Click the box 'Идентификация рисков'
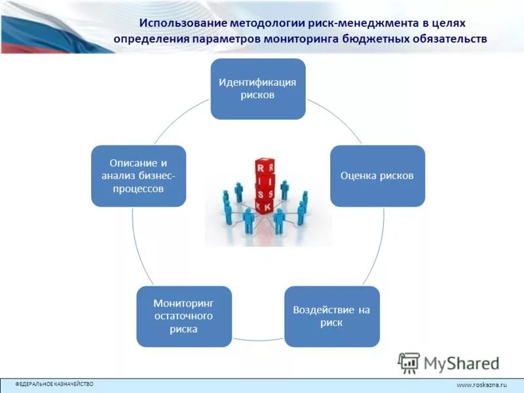[x=257, y=89]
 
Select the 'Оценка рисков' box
[x=377, y=176]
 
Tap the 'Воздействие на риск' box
[x=332, y=316]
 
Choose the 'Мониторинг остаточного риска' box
[x=184, y=316]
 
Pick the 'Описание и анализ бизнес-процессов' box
[x=138, y=176]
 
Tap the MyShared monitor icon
[x=409, y=363]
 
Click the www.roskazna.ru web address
[x=481, y=385]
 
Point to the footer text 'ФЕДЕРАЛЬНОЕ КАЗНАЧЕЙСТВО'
[x=54, y=384]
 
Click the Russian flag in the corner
[x=39, y=26]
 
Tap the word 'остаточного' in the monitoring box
[x=184, y=316]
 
